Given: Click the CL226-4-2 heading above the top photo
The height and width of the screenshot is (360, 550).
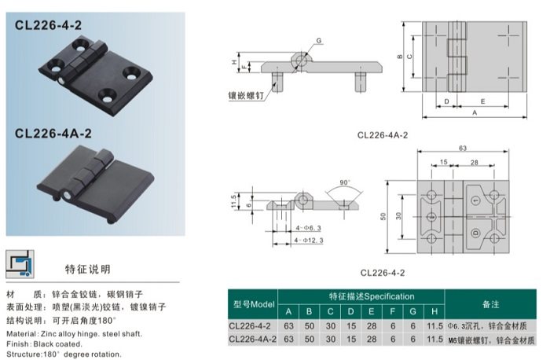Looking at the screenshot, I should tap(49, 25).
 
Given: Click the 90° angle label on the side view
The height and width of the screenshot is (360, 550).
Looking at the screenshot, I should tap(344, 182).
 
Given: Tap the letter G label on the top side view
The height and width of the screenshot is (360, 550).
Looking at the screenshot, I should tap(319, 39).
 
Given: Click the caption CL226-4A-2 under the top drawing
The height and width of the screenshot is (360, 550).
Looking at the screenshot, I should tap(383, 134).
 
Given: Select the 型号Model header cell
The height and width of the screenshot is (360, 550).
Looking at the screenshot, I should tap(254, 303).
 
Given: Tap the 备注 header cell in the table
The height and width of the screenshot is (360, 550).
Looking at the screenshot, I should tap(492, 303).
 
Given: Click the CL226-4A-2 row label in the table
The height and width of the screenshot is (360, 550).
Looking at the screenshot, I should tap(254, 339).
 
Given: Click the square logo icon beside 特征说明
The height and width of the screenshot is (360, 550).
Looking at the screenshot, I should tap(20, 264).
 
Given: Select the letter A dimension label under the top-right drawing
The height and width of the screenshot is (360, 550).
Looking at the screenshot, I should tap(474, 113).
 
